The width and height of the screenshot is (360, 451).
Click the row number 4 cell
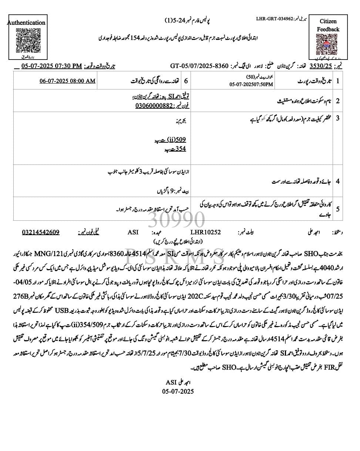click(337, 181)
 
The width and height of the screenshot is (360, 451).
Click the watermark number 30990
click(176, 221)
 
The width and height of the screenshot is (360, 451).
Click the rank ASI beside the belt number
click(133, 232)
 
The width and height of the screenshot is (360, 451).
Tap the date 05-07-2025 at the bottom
click(178, 391)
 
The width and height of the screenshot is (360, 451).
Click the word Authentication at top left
click(26, 23)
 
